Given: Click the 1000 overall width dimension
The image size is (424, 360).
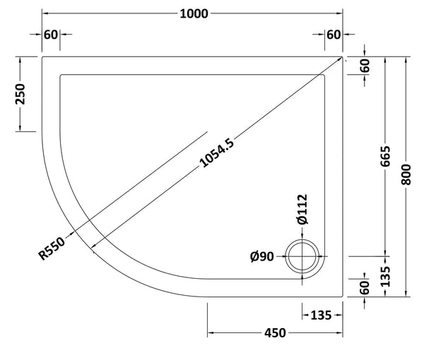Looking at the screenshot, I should (x=192, y=14).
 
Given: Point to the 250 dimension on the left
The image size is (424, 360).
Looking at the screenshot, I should (x=21, y=93).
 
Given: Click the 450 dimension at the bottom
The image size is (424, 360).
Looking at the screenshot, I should (x=276, y=333).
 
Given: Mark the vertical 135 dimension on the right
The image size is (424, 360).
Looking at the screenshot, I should (x=384, y=276).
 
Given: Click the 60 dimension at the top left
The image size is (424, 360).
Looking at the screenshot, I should (x=52, y=35).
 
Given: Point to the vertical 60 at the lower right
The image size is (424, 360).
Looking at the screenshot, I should (x=365, y=288).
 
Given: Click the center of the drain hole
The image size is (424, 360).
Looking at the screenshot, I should (x=304, y=256).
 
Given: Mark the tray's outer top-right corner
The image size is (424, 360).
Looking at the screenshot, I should (x=344, y=56).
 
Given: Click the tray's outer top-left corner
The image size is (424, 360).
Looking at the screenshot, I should (x=42, y=56).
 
